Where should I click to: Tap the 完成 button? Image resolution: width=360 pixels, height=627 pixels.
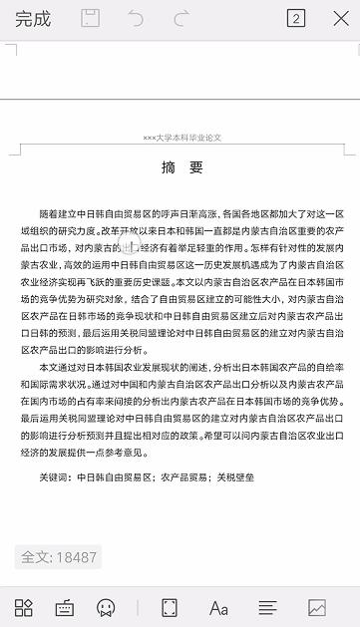[x=33, y=19]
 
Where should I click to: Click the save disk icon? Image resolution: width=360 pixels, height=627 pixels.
[x=91, y=19]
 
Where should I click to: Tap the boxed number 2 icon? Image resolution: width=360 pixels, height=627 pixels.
[x=295, y=19]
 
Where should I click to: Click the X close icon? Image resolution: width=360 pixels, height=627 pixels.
[x=340, y=19]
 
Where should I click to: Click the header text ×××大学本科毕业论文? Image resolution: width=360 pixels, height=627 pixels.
[x=180, y=138]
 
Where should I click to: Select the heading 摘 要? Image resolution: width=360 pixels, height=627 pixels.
[x=180, y=168]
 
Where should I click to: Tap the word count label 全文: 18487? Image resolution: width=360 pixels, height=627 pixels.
[x=59, y=557]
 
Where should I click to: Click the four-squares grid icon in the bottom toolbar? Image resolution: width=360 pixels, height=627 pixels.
[x=24, y=607]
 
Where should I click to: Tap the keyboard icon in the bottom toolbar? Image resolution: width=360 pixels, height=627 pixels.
[x=64, y=607]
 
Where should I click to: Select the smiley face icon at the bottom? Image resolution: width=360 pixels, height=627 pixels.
[x=105, y=607]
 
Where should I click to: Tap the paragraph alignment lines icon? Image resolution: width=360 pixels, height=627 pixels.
[x=267, y=607]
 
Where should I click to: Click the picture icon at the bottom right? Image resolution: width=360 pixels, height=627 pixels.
[x=317, y=607]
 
